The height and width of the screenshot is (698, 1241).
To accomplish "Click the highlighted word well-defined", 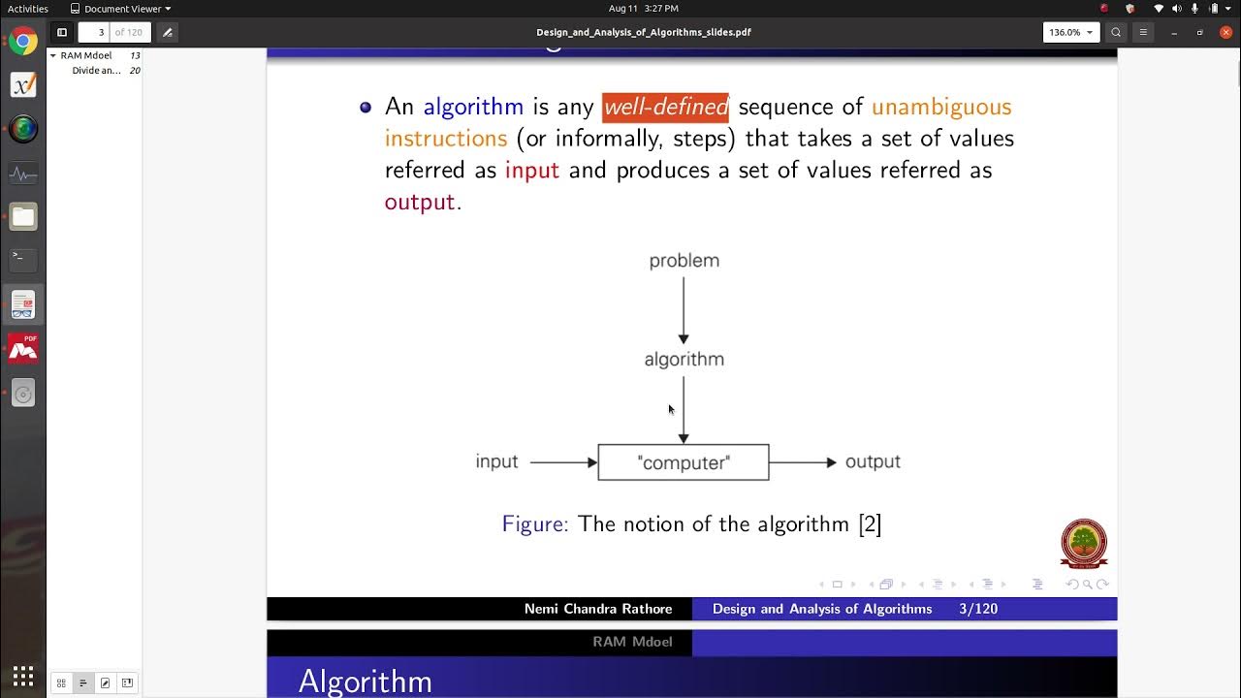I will coord(665,107).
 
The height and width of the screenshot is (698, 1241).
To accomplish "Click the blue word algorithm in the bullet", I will coord(473,107).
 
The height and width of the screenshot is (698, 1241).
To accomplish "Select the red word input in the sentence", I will coord(532,171).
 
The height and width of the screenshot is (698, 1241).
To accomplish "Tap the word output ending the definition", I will coord(420,203).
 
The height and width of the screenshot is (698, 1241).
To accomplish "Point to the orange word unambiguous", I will coord(941,107).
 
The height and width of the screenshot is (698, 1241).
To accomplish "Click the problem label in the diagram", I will coord(684,261).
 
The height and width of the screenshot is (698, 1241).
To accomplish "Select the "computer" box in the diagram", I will coord(684,462).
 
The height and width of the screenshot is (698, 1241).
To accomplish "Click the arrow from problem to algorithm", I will coord(684,308).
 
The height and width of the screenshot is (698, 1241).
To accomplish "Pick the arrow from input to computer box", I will coord(562,462).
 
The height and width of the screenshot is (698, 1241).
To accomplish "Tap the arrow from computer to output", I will coord(802,462).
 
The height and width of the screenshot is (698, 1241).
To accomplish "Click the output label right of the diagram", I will coord(873,461).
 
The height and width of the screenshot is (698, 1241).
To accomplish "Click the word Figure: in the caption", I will coord(535,524).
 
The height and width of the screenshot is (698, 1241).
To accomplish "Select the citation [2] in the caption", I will coord(870,524).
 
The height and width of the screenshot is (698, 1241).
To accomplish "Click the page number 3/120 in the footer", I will coord(977,609).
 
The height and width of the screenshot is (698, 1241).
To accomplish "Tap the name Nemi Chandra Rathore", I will coord(598,609).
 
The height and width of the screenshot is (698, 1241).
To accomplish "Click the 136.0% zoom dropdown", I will coord(1069,32).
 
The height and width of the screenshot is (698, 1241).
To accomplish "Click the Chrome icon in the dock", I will coord(23,42).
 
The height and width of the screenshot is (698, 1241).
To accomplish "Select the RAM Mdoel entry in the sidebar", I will coord(85,55).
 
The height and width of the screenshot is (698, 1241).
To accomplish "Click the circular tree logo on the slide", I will coord(1084,543).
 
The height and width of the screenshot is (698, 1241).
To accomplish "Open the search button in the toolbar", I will coord(1116,32).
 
